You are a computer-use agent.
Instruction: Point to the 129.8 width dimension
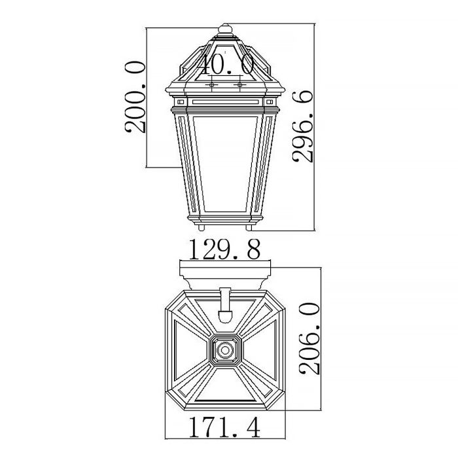tap(225, 249)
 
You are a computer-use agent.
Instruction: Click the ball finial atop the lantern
tap(225, 30)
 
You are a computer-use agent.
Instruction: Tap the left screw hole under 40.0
tap(212, 85)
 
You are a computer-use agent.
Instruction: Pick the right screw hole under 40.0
tap(240, 85)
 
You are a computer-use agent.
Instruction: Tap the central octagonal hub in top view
tap(225, 351)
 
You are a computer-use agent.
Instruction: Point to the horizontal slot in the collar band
tap(225, 103)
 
